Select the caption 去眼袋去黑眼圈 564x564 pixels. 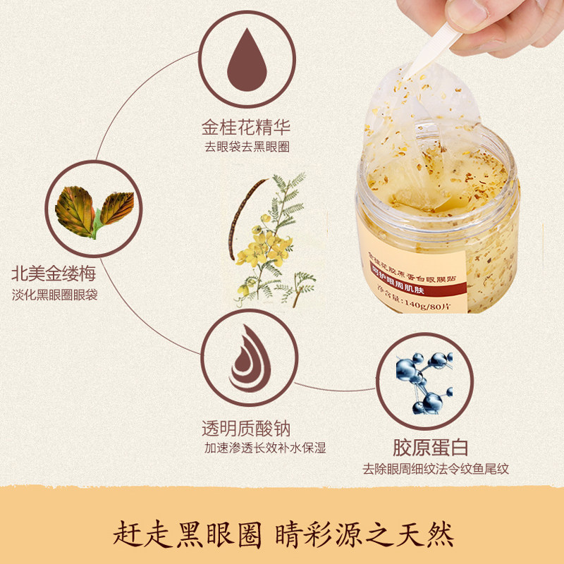click(246, 147)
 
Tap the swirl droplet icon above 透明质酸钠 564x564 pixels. click(246, 357)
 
